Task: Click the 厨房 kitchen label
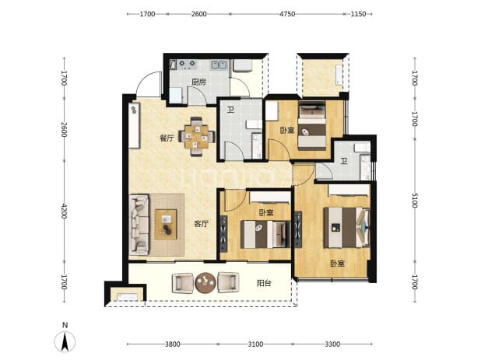pyautogui.click(x=198, y=82)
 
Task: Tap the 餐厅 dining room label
pyautogui.click(x=167, y=138)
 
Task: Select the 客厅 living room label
pyautogui.click(x=202, y=224)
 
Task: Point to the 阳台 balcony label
pyautogui.click(x=264, y=283)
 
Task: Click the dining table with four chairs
pyautogui.click(x=197, y=137)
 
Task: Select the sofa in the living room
pyautogui.click(x=139, y=225)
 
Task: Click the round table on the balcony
pyautogui.click(x=205, y=283)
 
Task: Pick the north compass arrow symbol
pyautogui.click(x=65, y=341)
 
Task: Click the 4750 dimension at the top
pyautogui.click(x=287, y=14)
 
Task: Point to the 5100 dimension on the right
pyautogui.click(x=414, y=201)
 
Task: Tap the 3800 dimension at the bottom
pyautogui.click(x=173, y=344)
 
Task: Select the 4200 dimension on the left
pyautogui.click(x=64, y=211)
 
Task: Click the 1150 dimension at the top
pyautogui.click(x=358, y=14)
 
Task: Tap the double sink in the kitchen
pyautogui.click(x=219, y=65)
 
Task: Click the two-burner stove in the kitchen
pyautogui.click(x=187, y=64)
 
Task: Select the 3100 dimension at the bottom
pyautogui.click(x=255, y=344)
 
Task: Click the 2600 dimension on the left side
pyautogui.click(x=64, y=130)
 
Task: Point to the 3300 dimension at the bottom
pyautogui.click(x=332, y=344)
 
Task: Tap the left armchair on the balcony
pyautogui.click(x=183, y=283)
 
